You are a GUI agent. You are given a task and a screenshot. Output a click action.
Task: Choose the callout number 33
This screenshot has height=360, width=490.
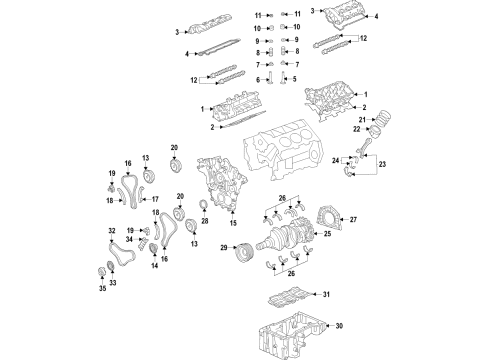click(x=113, y=283)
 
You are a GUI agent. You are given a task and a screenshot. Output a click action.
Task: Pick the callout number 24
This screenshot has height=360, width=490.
click(x=349, y=160)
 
